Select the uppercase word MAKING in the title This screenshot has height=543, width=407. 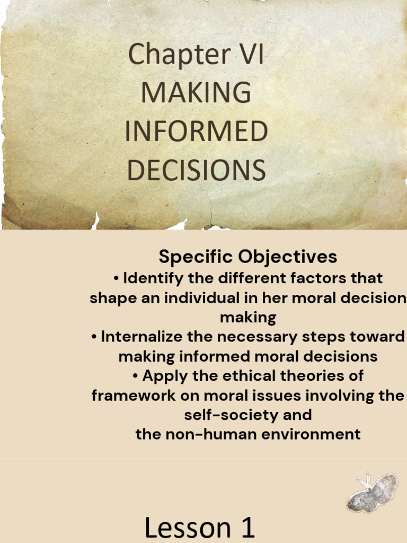tap(196, 93)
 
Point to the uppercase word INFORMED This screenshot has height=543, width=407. tap(196, 132)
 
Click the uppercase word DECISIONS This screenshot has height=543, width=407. tap(196, 170)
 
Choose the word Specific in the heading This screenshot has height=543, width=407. tap(196, 257)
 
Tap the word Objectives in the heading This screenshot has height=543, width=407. tap(288, 257)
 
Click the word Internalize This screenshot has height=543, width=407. tap(156, 337)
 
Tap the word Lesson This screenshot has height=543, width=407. tap(185, 529)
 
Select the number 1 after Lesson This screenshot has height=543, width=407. tap(245, 529)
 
